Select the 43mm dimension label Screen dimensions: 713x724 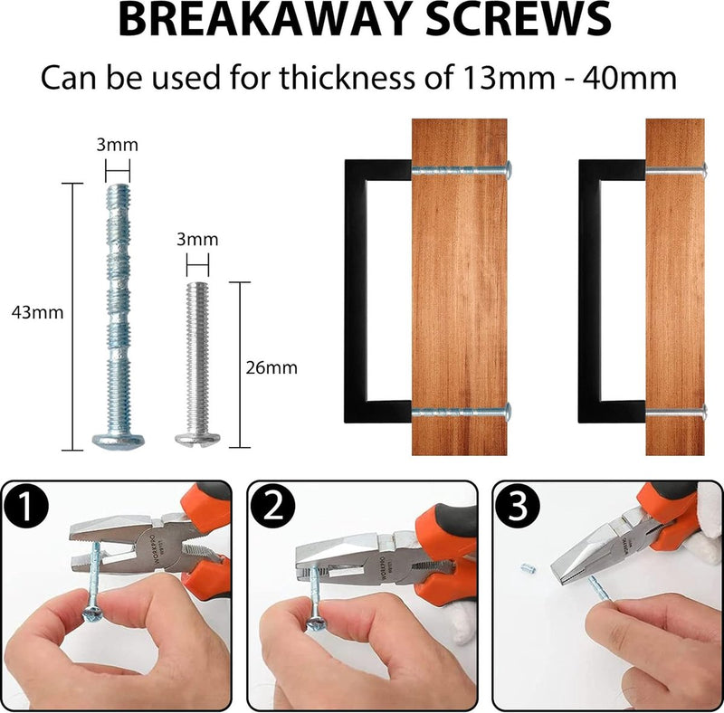point(37,313)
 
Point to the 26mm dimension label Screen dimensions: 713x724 point(271,368)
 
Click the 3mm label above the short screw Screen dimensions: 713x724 point(197,240)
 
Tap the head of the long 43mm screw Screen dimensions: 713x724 point(118,441)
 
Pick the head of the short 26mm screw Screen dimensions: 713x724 point(198,440)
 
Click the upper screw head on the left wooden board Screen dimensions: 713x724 point(508,168)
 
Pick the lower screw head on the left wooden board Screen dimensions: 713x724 point(508,413)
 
